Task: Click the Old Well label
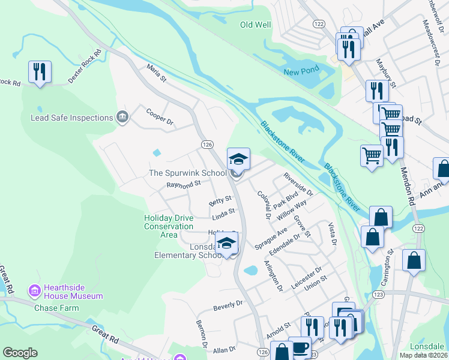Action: (x=256, y=25)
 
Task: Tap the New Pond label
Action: (x=301, y=72)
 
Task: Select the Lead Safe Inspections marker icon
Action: (x=122, y=117)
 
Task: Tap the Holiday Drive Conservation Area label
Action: (x=169, y=222)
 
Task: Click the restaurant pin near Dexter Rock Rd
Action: (x=40, y=73)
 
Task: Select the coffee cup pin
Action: (x=300, y=349)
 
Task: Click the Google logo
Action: (x=20, y=353)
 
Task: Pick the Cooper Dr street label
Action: (x=160, y=116)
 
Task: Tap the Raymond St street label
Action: (x=182, y=184)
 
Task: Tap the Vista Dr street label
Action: (x=331, y=234)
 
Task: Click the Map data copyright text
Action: (x=423, y=355)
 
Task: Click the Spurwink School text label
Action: (x=188, y=173)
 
